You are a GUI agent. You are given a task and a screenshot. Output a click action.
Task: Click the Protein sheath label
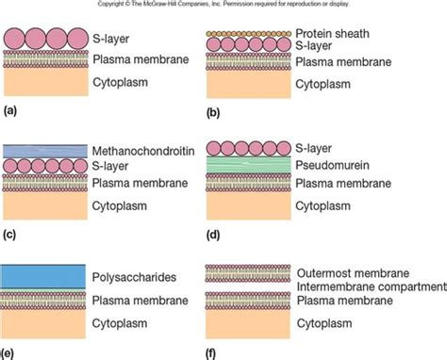[x=335, y=31]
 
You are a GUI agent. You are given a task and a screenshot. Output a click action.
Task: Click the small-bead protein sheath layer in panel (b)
[x=251, y=31]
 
